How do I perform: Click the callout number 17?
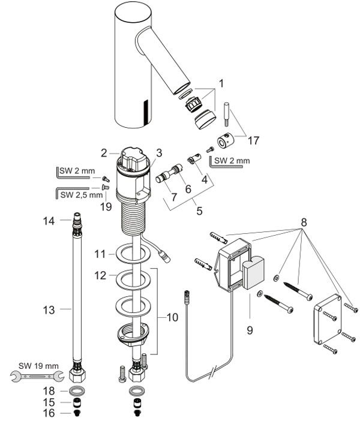click(253, 140)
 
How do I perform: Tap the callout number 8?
click(304, 222)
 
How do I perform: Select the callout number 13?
click(49, 310)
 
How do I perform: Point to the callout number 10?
click(172, 317)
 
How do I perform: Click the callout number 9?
click(250, 330)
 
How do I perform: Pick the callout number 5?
click(199, 210)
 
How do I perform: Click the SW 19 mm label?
click(38, 366)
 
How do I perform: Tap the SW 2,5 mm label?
click(82, 195)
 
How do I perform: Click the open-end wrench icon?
click(37, 376)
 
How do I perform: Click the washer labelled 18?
click(77, 390)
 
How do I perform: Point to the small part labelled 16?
click(77, 413)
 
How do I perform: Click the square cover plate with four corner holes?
click(327, 319)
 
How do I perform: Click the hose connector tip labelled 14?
click(77, 216)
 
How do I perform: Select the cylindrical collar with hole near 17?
click(225, 142)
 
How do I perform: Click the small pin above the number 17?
click(227, 114)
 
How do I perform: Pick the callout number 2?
click(104, 153)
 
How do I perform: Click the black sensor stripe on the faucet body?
click(146, 112)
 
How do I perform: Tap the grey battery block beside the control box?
click(254, 272)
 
